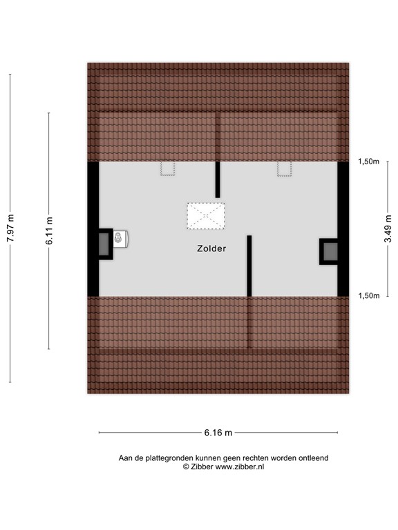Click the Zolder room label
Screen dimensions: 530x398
[211, 249]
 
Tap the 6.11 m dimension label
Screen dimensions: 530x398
[49, 230]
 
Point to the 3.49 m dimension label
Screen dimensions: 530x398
[389, 229]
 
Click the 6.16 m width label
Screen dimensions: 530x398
[218, 433]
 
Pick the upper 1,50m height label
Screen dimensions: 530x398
[368, 161]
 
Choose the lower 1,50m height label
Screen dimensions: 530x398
[368, 295]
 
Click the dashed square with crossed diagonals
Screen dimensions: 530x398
[206, 215]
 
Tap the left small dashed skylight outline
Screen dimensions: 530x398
[168, 169]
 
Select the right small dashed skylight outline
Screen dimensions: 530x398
[285, 169]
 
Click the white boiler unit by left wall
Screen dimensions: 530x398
[121, 239]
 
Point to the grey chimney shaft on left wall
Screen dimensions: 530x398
[104, 244]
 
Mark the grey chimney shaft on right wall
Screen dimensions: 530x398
[330, 251]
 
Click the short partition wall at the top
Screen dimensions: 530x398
[218, 179]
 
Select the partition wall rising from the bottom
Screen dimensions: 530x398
[249, 266]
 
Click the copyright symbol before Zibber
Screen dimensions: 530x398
[185, 467]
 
